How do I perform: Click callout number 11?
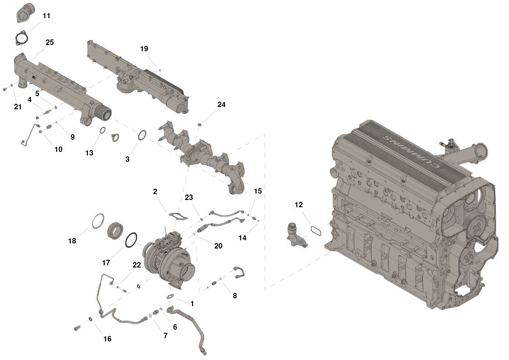pos(46,15)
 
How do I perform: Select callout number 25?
pos(50,42)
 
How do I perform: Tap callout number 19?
pos(144,49)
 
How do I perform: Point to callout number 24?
pos(221,104)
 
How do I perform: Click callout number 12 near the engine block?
pos(299,204)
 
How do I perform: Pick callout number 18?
pos(72,241)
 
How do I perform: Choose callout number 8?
pos(235,296)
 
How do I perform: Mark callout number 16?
pos(107,339)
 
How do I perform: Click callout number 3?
pos(127,159)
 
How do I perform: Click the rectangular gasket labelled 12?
pos(316,231)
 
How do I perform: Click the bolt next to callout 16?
pos(77,328)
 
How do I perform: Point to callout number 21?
pos(18,107)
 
